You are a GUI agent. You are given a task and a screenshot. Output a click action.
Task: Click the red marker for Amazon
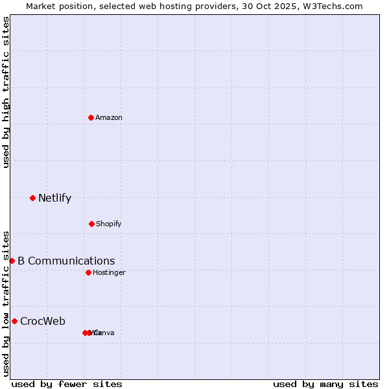pyautogui.click(x=91, y=117)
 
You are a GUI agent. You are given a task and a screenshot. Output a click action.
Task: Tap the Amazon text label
pyautogui.click(x=109, y=118)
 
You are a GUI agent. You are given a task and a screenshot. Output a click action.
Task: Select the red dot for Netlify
pyautogui.click(x=33, y=198)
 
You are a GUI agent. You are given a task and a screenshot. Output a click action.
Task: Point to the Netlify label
pyautogui.click(x=55, y=198)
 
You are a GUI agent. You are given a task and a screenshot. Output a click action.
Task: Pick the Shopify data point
pyautogui.click(x=91, y=224)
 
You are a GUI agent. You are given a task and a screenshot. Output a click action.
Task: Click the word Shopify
pyautogui.click(x=109, y=224)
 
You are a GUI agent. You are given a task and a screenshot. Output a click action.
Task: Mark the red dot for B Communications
pyautogui.click(x=12, y=261)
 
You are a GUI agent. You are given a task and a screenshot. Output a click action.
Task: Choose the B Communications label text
pyautogui.click(x=66, y=261)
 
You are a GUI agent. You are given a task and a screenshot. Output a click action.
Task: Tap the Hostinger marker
pyautogui.click(x=88, y=272)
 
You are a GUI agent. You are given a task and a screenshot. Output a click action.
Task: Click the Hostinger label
pyautogui.click(x=109, y=273)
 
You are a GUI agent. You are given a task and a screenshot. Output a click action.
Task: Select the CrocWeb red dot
pyautogui.click(x=14, y=321)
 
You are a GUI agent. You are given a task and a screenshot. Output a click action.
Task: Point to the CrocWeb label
pyautogui.click(x=43, y=322)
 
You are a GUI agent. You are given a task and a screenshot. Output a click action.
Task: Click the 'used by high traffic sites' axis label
pyautogui.click(x=6, y=92)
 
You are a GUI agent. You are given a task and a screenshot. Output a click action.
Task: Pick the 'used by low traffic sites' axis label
pyautogui.click(x=6, y=303)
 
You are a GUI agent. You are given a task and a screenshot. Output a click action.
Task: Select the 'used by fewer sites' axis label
pyautogui.click(x=67, y=384)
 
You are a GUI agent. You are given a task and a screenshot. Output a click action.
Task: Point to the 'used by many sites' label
pyautogui.click(x=325, y=384)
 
